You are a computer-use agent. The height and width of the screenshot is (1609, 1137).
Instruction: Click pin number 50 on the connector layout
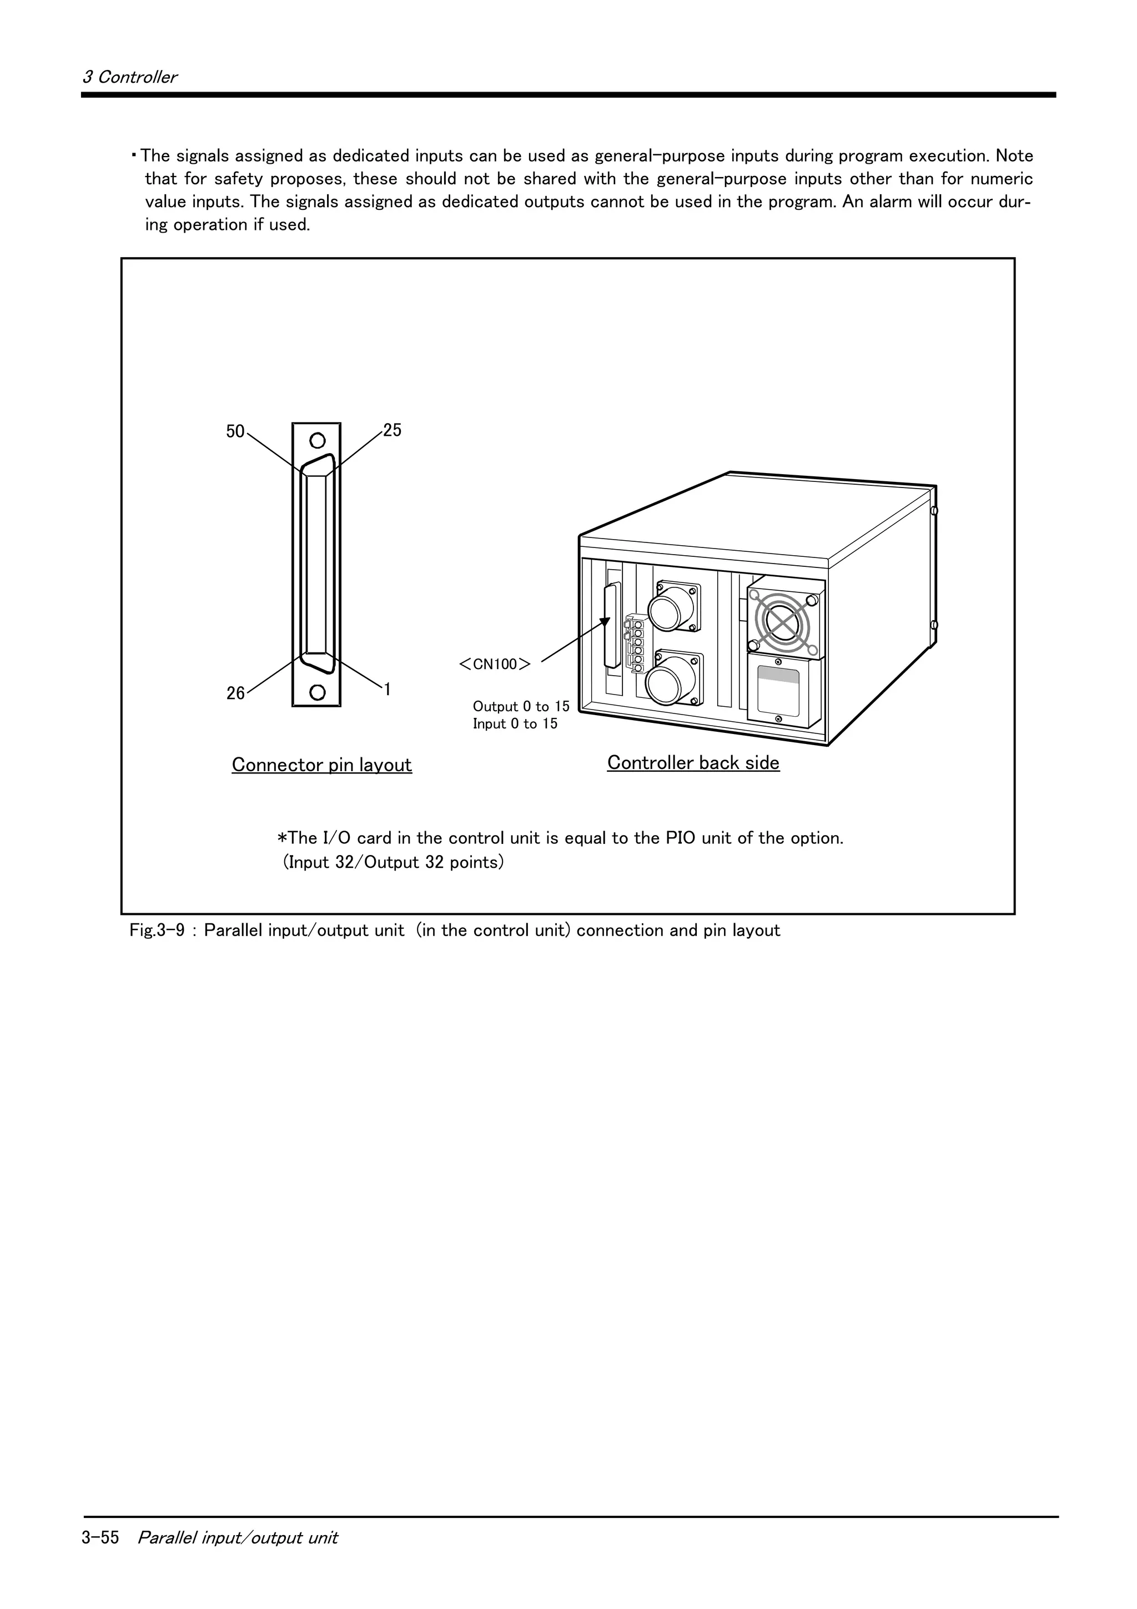235,432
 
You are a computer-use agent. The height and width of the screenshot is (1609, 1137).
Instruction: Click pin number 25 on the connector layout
393,430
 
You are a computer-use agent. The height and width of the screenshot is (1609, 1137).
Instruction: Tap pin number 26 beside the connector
235,693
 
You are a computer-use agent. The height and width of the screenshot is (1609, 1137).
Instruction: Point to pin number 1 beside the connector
387,689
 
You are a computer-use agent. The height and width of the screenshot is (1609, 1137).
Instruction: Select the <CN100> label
495,663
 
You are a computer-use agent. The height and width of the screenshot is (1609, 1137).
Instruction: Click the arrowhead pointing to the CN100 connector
605,622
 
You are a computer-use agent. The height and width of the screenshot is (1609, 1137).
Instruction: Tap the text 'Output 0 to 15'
521,706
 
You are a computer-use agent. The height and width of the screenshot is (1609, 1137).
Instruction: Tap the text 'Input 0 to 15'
515,724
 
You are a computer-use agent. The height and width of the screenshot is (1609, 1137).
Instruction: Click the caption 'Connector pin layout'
321,765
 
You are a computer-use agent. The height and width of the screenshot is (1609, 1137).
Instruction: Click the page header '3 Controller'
129,77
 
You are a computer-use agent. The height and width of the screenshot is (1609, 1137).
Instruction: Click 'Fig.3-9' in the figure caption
157,931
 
